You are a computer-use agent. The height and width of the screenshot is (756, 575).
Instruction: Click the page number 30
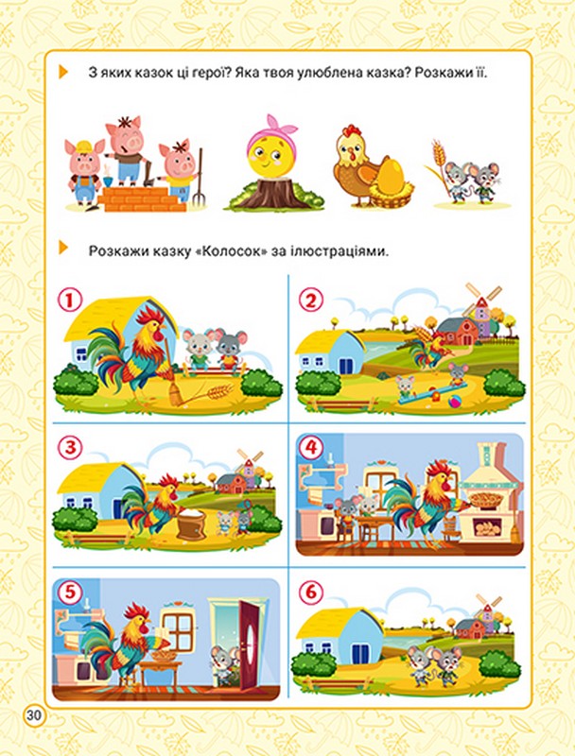(x=34, y=715)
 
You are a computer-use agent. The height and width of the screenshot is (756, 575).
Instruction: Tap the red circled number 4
(x=311, y=448)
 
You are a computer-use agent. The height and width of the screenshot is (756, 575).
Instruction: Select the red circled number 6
(x=311, y=593)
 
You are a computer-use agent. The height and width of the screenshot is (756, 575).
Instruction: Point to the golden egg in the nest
(x=391, y=177)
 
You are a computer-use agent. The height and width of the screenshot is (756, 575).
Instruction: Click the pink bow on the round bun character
(x=275, y=128)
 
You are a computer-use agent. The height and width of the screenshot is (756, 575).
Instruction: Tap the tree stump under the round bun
(x=272, y=193)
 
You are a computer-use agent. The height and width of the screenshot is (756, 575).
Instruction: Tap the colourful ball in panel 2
(x=454, y=403)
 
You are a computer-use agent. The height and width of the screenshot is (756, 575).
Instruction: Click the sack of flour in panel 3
(x=192, y=524)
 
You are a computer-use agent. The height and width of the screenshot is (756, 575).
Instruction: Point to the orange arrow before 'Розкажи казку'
(x=63, y=248)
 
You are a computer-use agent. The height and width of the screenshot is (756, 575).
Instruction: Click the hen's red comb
(x=352, y=130)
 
